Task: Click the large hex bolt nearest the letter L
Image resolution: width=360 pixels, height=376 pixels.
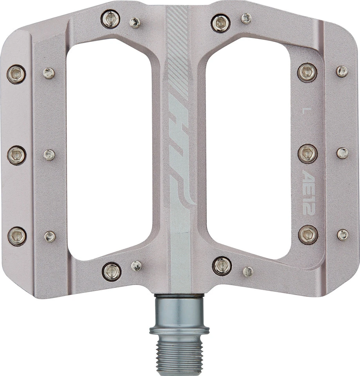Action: (307, 72)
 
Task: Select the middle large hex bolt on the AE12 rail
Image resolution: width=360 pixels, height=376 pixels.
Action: (307, 154)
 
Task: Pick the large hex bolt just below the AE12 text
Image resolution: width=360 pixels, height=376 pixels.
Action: (308, 235)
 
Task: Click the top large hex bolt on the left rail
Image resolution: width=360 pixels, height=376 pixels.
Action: (16, 74)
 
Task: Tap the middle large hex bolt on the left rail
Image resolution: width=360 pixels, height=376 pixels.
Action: (16, 155)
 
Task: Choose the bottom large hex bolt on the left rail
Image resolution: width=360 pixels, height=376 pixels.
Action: (17, 236)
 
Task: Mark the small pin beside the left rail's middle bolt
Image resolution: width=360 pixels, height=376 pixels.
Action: (49, 155)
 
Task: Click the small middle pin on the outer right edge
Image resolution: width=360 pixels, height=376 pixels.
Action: (342, 153)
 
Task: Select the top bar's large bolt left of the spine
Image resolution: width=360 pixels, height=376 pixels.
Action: (111, 19)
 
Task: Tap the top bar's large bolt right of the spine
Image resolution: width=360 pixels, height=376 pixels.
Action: (221, 23)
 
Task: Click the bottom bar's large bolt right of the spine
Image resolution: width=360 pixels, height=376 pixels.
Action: (222, 266)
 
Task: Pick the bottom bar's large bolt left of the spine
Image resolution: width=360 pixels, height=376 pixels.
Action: (112, 271)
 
